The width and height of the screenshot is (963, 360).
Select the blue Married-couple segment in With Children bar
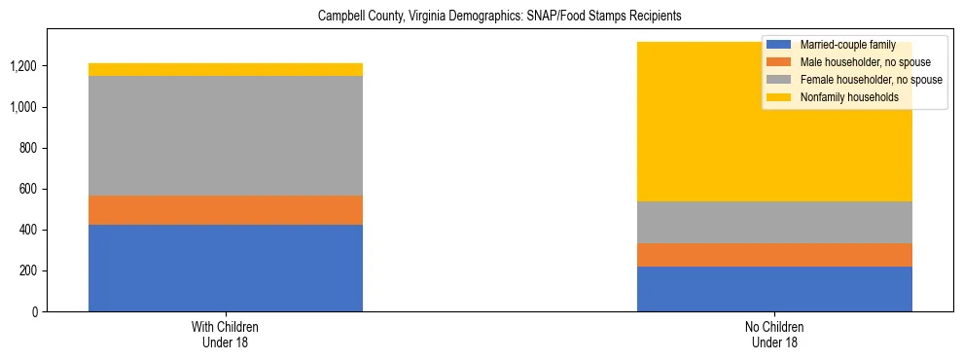pos(226,268)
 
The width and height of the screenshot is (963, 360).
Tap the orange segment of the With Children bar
pos(226,210)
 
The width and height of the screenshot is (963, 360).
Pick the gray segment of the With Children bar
pos(226,135)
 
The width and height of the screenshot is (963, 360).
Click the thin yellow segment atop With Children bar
pos(226,69)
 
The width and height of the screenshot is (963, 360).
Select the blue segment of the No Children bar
pos(774,289)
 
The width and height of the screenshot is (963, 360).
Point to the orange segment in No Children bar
pos(774,255)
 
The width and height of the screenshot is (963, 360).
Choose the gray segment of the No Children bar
pos(774,222)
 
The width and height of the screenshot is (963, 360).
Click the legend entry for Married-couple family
pos(844,45)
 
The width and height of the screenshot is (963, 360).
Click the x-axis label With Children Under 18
pos(226,335)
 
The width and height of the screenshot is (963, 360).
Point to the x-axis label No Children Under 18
pos(774,335)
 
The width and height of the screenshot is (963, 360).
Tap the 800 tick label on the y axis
pos(27,148)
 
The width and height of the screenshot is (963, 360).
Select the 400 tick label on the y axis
pos(27,230)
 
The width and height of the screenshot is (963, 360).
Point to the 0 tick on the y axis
pos(33,311)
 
